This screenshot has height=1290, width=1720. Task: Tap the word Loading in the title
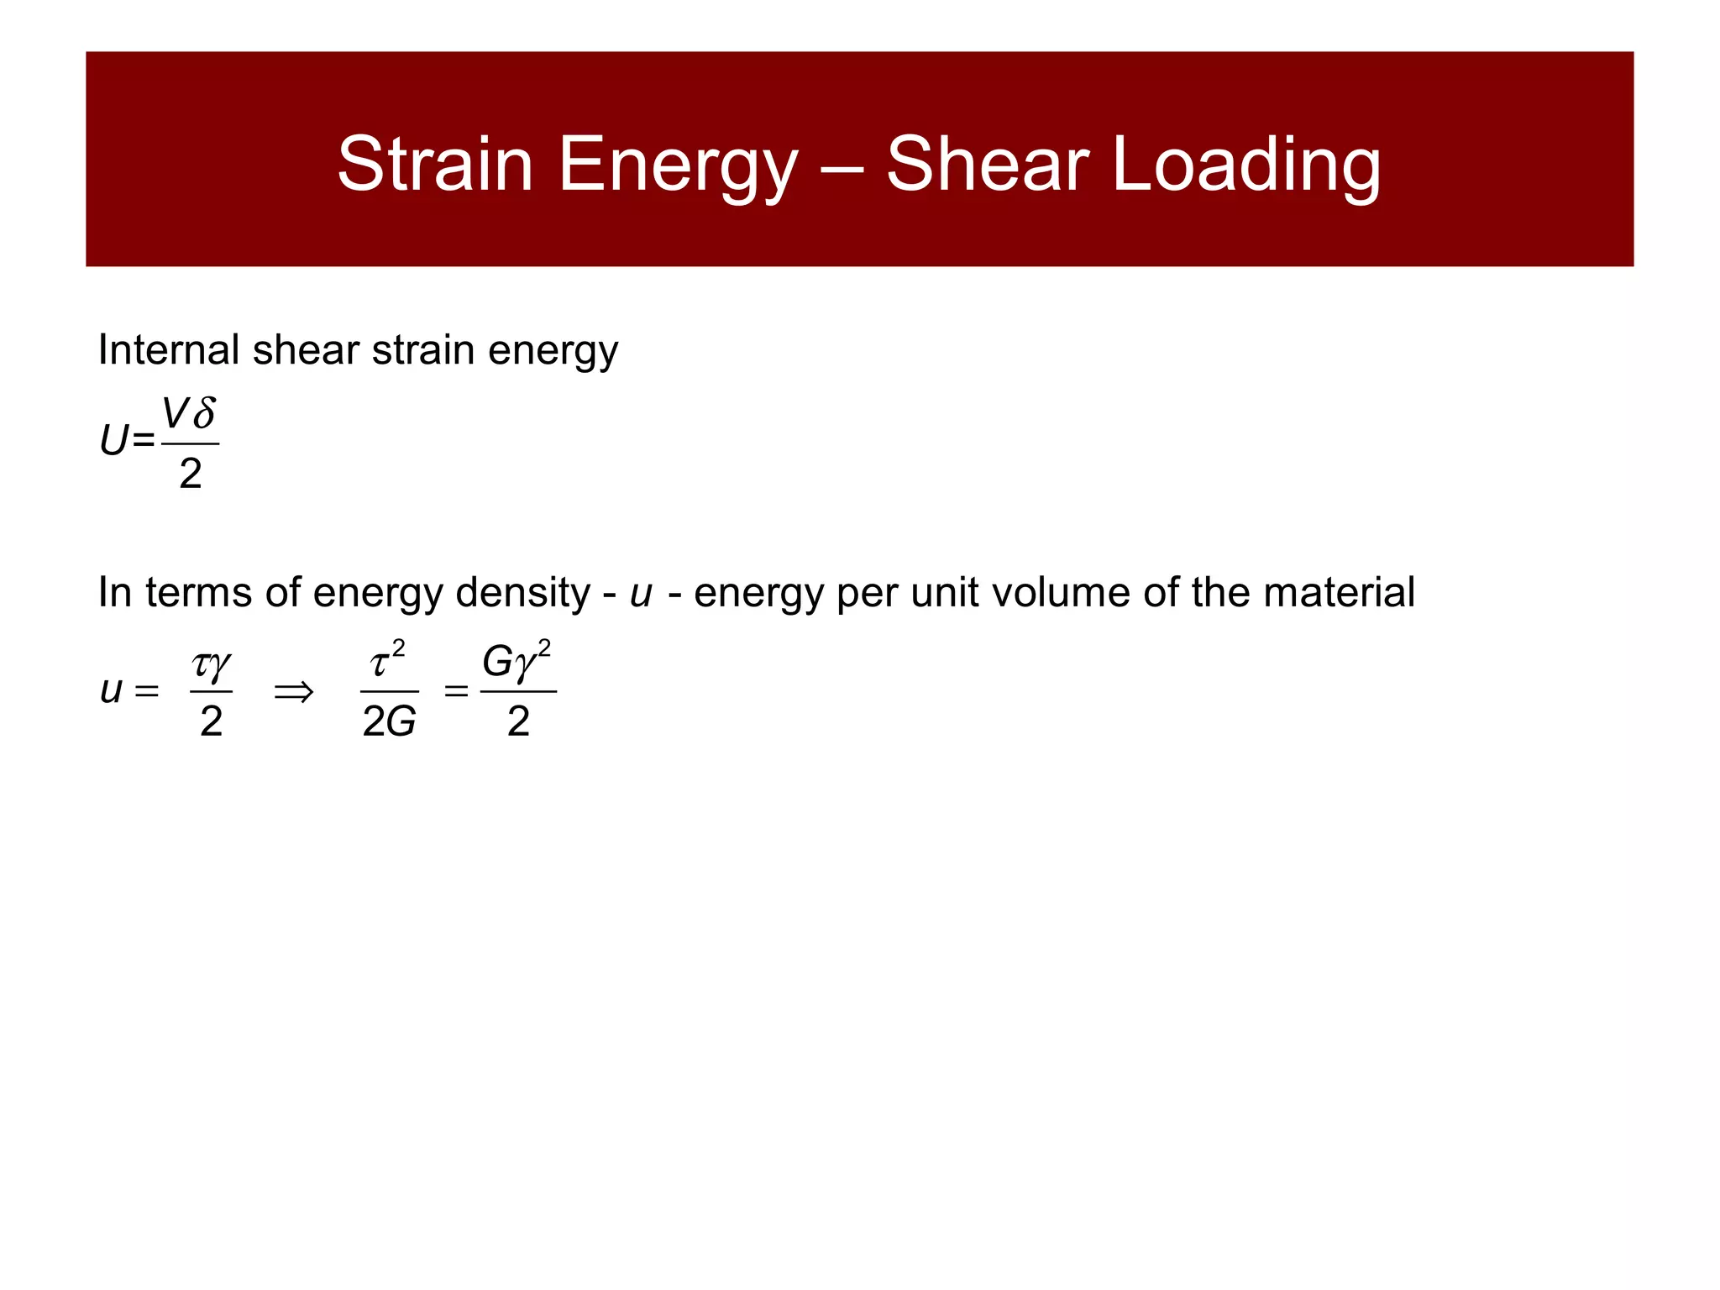coord(1246,165)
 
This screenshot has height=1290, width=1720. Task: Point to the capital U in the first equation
coord(114,441)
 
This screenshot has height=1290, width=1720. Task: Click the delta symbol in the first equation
coord(203,413)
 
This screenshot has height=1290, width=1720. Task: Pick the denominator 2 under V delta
coord(191,474)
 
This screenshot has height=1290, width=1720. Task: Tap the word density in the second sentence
coord(522,593)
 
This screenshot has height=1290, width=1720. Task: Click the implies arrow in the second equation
coord(294,692)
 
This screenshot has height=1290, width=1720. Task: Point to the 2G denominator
coord(389,721)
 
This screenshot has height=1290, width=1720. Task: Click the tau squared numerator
coord(387,661)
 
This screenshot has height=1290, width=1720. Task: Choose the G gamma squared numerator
coord(517,661)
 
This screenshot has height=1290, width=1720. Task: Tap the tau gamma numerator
coord(211,665)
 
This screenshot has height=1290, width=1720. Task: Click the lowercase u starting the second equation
coord(111,691)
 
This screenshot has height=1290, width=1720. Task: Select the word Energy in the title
coord(677,165)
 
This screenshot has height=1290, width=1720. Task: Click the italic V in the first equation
coord(176,413)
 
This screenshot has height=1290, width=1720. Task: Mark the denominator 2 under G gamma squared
coord(518,721)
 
